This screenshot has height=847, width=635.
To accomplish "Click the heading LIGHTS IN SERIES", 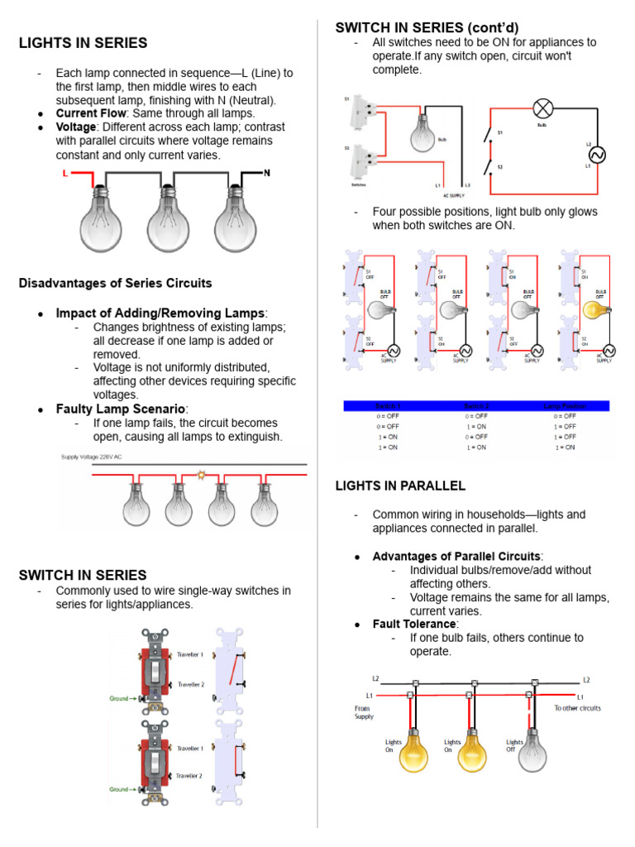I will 83,43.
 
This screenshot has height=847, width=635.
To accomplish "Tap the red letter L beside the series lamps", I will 65,174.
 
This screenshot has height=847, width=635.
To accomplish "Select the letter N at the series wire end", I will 266,173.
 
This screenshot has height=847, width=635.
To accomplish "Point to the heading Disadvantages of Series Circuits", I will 115,283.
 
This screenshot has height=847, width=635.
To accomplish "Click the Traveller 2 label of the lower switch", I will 190,775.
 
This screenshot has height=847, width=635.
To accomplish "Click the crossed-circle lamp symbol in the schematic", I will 542,108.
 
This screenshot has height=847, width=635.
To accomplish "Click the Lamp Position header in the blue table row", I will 566,406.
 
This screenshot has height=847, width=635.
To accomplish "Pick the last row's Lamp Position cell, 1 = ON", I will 566,447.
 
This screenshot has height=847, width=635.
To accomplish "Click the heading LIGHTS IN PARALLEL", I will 400,486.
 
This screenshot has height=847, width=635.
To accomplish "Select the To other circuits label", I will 577,708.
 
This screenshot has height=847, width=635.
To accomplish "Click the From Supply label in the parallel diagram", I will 365,712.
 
